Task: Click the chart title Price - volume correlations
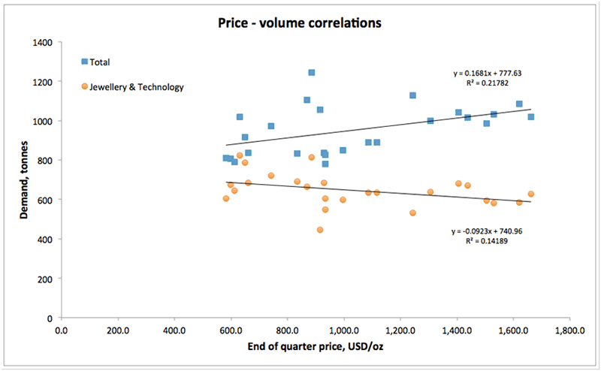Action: (299, 23)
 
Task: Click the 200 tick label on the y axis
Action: (44, 279)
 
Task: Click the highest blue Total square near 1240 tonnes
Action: (312, 73)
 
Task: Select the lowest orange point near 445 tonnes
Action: (320, 230)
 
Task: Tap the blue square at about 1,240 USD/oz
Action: (412, 95)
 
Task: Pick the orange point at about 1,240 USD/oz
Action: (412, 213)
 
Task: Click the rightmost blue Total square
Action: (530, 116)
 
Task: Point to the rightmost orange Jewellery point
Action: (530, 194)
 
